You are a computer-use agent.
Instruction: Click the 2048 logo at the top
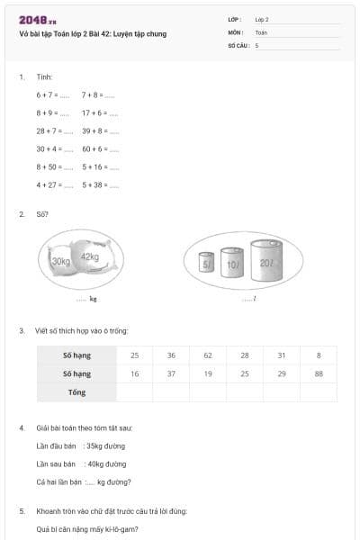coord(37,20)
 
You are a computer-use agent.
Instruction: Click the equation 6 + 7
coord(48,94)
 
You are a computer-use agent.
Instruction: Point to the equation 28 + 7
coord(48,130)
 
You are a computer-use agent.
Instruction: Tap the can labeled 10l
coord(232,264)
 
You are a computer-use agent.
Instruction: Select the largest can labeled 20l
coord(266,260)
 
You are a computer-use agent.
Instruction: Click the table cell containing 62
coord(208,355)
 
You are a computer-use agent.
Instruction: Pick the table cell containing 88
coord(319,373)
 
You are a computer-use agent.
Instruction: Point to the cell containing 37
coord(171,373)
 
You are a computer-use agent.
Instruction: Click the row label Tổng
coord(76,392)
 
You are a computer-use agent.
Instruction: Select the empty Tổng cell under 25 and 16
coord(134,392)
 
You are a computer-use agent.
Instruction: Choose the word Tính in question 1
coord(45,76)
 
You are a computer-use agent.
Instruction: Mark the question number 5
coord(22,510)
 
